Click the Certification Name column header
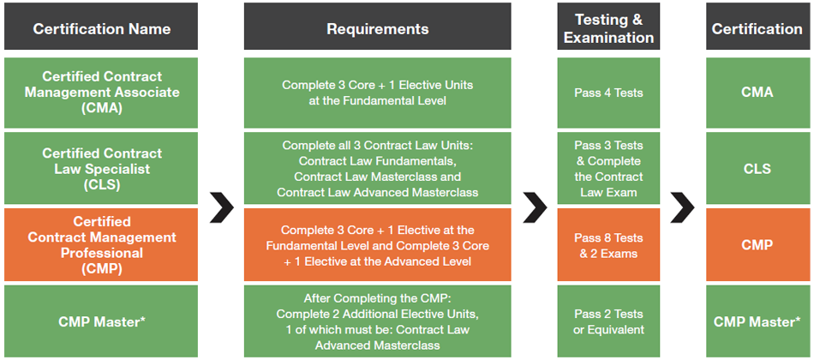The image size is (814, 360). [101, 27]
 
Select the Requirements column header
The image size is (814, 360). [377, 27]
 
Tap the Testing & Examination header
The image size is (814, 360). [608, 27]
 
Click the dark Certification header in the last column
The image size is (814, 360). [757, 27]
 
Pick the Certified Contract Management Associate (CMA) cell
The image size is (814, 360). [101, 93]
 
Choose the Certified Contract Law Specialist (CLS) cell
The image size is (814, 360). [101, 168]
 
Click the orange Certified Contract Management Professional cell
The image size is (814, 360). [101, 244]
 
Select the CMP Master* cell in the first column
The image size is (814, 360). [101, 321]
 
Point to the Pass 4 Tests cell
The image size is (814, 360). [608, 93]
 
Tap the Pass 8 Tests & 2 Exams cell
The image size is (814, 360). [608, 244]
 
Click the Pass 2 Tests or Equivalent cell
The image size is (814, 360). [608, 321]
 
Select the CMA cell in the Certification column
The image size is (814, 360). [757, 93]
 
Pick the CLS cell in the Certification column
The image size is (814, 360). [757, 168]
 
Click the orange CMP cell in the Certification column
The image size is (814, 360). [757, 244]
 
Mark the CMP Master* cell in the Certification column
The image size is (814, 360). [757, 321]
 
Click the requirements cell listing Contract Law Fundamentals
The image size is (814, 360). [377, 168]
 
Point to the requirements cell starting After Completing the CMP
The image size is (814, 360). [377, 321]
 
